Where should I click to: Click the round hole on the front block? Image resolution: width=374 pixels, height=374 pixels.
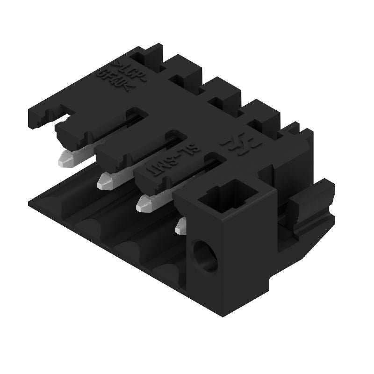coord(206,256)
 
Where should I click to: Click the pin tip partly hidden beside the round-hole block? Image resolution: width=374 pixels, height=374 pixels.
coord(180,227)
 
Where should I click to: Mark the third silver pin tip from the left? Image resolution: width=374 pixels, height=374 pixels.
coord(144,203)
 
